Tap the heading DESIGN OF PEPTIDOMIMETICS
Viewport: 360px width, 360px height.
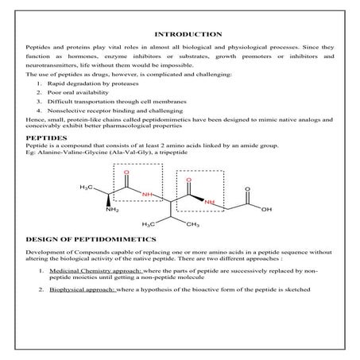84,238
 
